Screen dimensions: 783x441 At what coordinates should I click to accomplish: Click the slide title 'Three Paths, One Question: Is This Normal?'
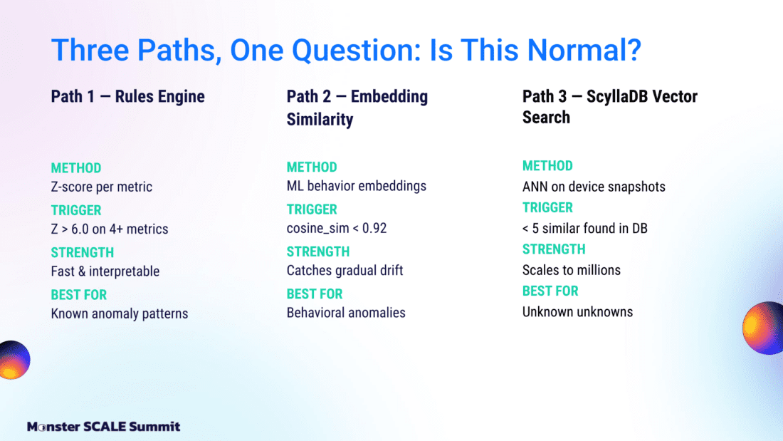[x=346, y=51]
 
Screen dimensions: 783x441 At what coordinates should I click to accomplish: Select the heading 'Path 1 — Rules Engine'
[x=128, y=96]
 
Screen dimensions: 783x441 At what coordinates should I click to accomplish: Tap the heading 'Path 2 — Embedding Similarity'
[x=357, y=108]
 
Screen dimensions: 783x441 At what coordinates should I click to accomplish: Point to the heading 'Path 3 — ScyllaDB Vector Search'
[x=610, y=106]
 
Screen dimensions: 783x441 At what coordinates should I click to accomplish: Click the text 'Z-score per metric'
[x=101, y=187]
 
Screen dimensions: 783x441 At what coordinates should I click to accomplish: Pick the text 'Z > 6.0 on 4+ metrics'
[x=110, y=229]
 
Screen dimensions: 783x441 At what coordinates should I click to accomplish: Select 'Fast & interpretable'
[x=105, y=271]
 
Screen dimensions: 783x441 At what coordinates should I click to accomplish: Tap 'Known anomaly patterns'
[x=120, y=313]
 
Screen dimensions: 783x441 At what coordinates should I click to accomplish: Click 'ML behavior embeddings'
[x=357, y=186]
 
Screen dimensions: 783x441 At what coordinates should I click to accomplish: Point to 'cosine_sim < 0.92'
[x=337, y=229]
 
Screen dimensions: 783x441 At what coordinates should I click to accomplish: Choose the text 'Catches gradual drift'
[x=345, y=271]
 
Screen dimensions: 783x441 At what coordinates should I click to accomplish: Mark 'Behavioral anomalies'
[x=346, y=313]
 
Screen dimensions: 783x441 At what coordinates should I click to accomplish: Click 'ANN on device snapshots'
[x=594, y=187]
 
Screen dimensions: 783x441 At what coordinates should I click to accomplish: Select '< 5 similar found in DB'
[x=584, y=229]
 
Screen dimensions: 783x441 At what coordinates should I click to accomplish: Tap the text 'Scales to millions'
[x=572, y=270]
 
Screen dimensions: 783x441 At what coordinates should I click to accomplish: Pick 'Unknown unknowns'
[x=577, y=312]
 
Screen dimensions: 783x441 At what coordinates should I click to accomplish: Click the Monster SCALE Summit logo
[x=103, y=427]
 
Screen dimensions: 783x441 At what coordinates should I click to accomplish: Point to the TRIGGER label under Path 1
[x=76, y=210]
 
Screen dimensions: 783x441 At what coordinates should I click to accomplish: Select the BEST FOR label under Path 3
[x=550, y=291]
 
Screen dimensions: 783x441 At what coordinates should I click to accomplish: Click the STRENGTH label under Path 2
[x=318, y=251]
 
